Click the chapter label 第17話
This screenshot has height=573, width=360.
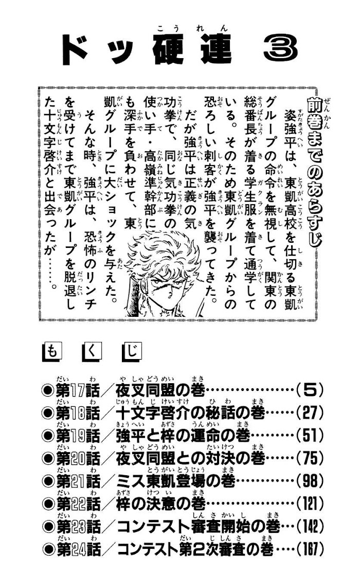point(77,391)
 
